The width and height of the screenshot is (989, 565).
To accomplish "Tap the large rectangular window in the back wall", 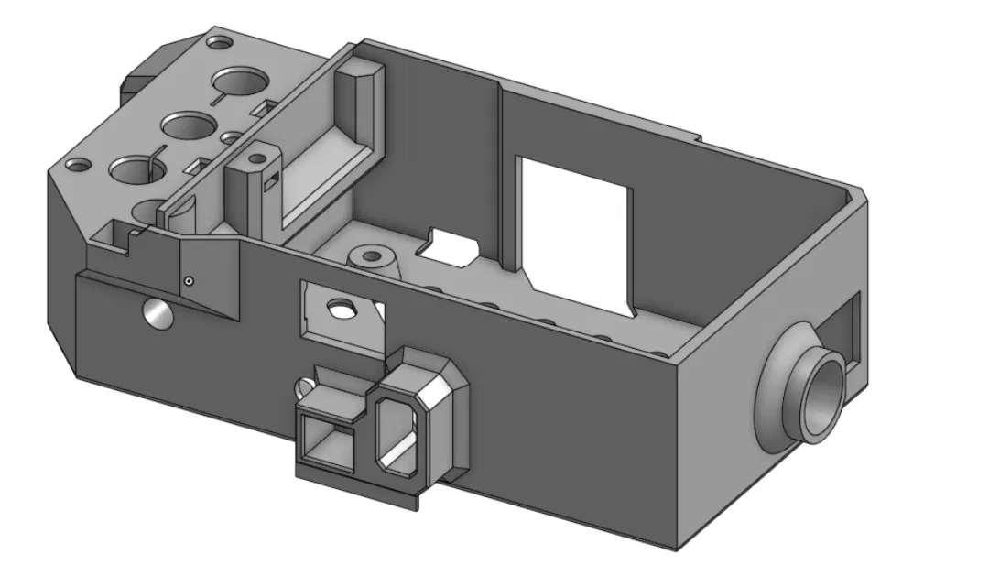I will [575, 234].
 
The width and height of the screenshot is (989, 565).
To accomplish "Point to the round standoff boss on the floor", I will [371, 256].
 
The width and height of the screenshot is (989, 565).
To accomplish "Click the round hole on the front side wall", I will [157, 315].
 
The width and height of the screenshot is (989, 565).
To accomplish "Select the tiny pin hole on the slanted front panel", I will [188, 281].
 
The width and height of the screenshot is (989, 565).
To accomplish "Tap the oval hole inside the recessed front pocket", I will [342, 310].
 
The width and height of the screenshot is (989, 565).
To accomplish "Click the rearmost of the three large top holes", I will [240, 81].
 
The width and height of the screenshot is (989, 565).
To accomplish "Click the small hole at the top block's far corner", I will [219, 42].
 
